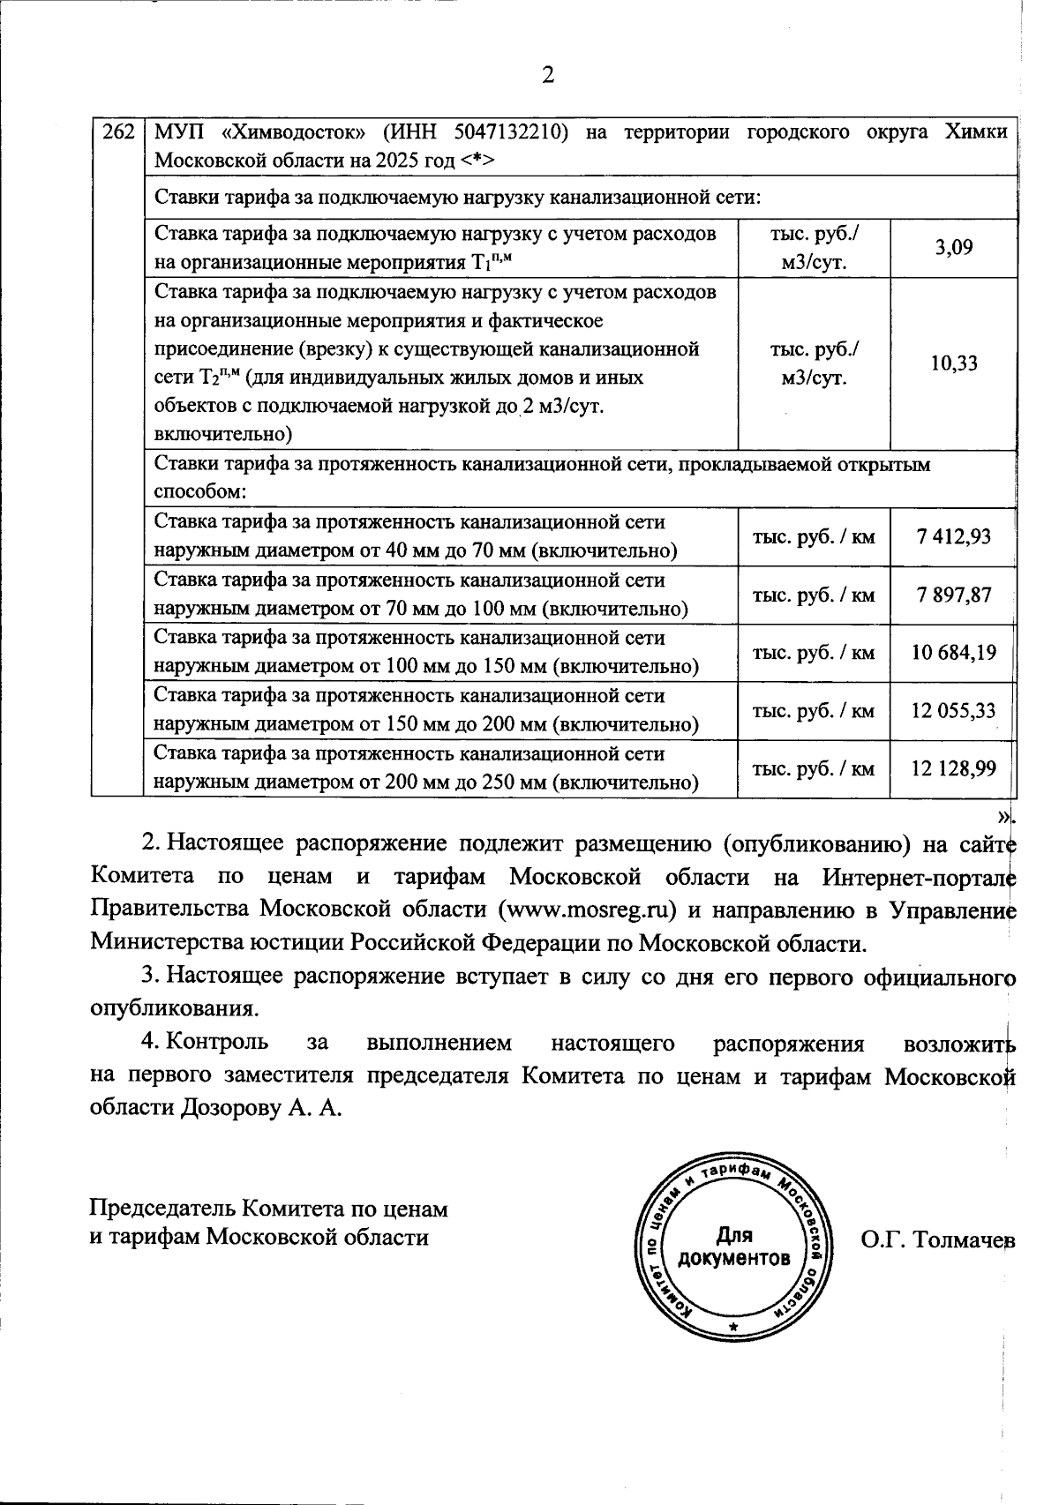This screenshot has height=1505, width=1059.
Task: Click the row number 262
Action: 117,132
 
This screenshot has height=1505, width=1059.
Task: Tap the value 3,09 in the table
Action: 953,248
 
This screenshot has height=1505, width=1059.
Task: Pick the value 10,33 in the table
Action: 953,363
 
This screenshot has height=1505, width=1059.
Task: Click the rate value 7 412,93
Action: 953,536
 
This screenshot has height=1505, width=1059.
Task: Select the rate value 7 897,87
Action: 953,595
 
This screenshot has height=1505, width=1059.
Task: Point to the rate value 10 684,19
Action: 953,653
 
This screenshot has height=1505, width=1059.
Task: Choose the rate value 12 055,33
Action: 953,710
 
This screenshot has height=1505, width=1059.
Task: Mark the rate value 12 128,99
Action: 953,768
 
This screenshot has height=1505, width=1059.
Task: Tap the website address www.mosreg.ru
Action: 590,910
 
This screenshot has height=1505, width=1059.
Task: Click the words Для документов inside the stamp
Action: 733,1246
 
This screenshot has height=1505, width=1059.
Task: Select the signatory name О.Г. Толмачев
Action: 937,1239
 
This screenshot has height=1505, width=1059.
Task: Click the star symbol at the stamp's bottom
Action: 733,1326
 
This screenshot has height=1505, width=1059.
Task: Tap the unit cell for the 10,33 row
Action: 813,363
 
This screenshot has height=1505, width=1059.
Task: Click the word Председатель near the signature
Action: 163,1208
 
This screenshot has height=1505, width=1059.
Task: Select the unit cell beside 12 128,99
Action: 813,768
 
